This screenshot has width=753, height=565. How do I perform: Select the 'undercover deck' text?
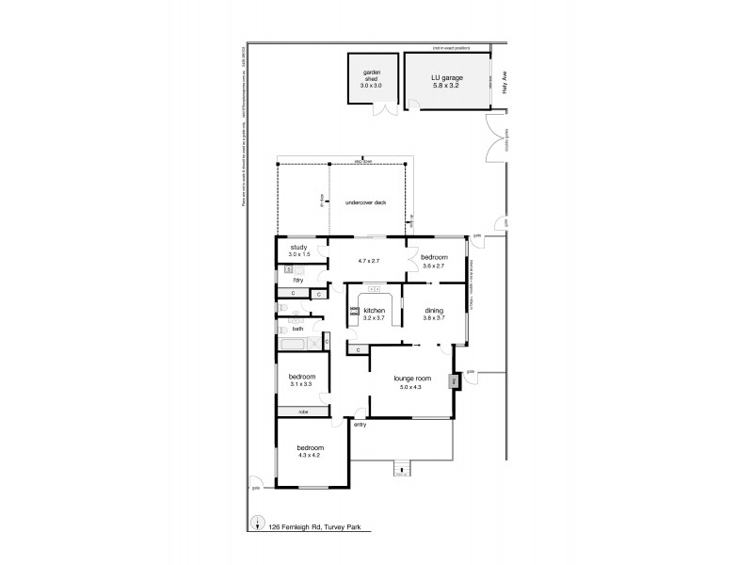tap(365, 202)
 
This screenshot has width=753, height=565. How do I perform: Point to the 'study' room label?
tap(298, 247)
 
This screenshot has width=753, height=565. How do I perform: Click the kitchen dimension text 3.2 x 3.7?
tap(375, 318)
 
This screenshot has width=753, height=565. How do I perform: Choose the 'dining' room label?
tap(433, 310)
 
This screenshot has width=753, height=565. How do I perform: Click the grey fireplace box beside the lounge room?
tap(454, 382)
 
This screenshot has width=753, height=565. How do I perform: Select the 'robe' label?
tap(303, 412)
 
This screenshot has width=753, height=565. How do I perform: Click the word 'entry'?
tap(360, 426)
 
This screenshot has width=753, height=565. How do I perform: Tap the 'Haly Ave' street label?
tap(505, 86)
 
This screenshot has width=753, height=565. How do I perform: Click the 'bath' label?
tap(297, 329)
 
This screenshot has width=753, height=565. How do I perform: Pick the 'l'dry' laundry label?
tap(297, 281)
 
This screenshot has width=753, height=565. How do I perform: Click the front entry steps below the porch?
tap(401, 469)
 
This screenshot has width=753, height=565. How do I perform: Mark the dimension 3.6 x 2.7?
tap(433, 265)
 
